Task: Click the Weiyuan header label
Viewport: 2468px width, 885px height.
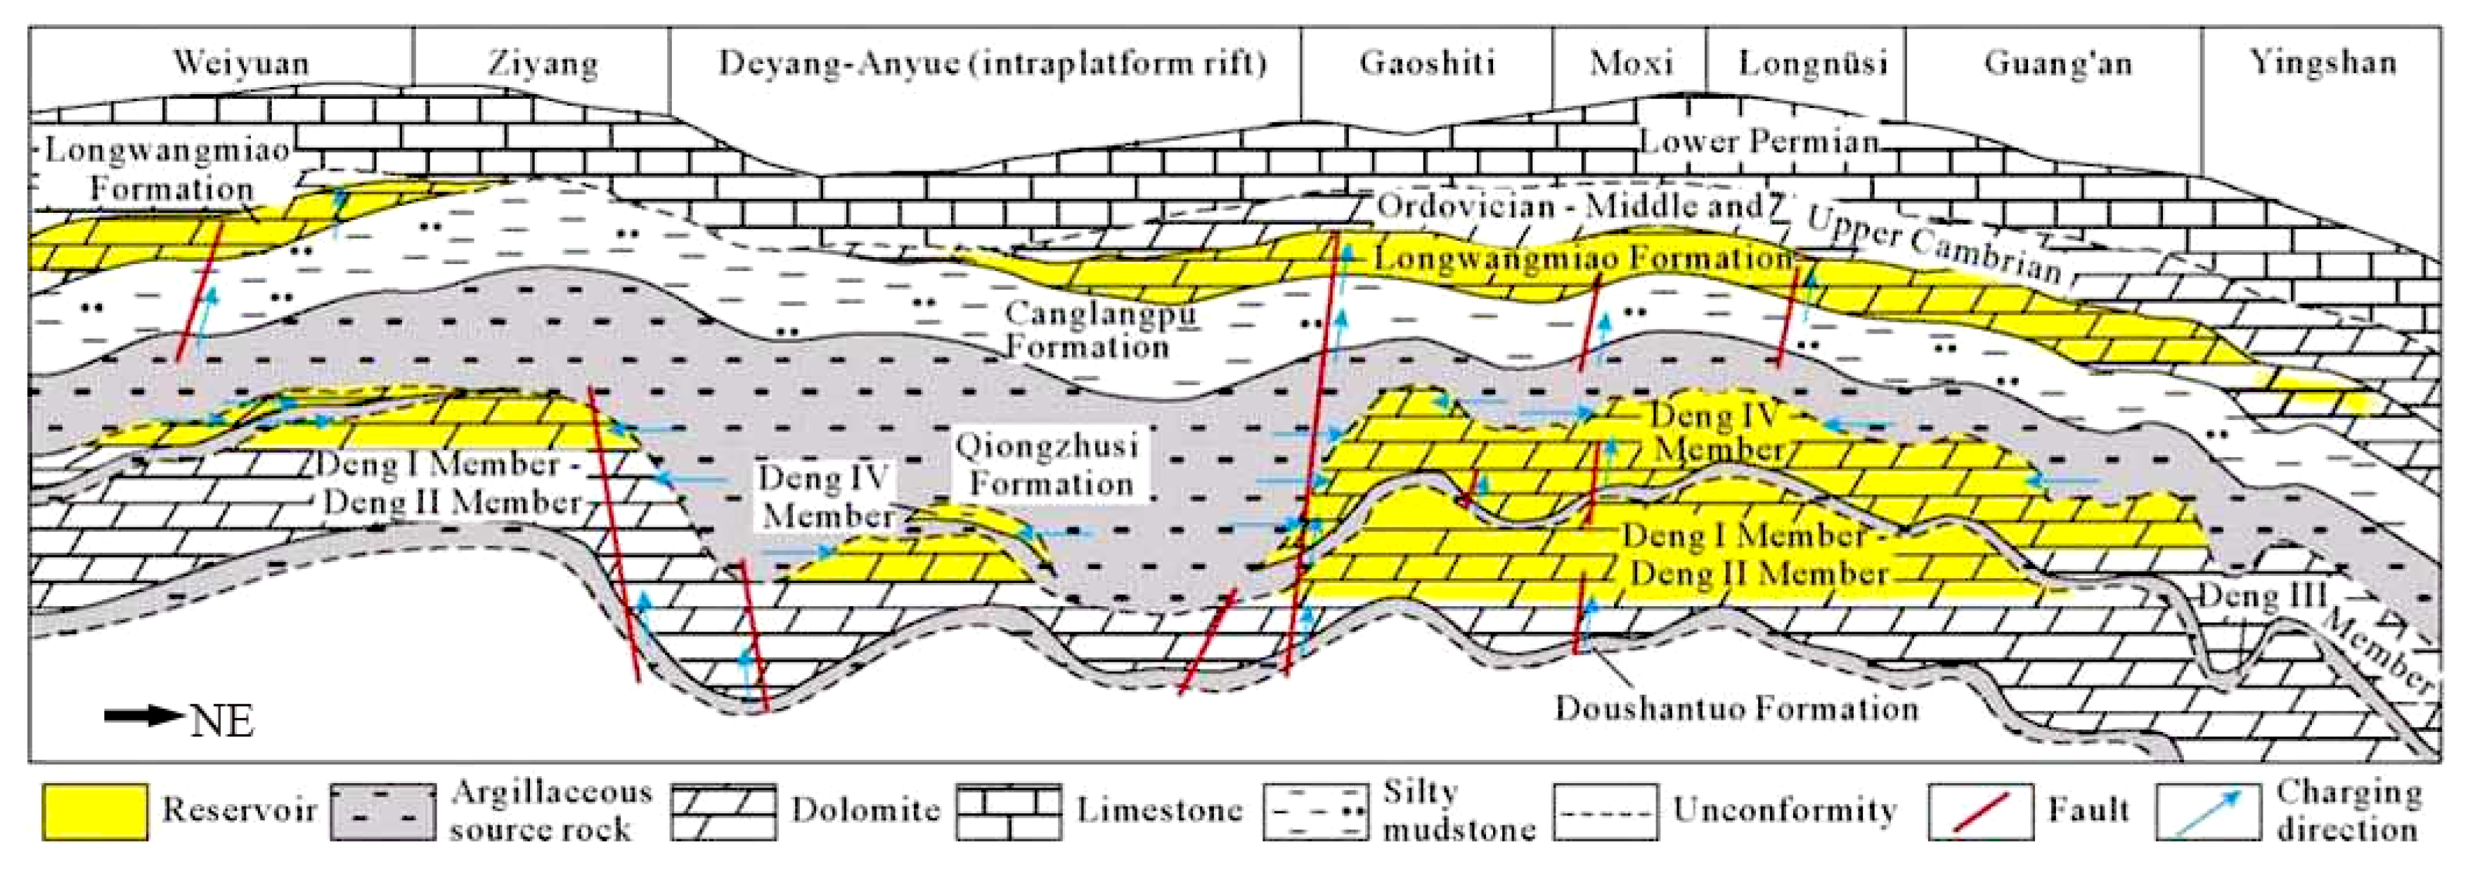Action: tap(240, 63)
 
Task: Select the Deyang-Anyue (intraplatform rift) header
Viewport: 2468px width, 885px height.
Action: tap(993, 63)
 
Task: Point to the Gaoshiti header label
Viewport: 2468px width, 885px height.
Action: tap(1426, 63)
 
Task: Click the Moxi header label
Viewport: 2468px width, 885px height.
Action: tap(1631, 63)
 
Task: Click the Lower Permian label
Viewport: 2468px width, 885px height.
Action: tap(1759, 143)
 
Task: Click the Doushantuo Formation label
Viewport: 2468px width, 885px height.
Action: tap(1736, 709)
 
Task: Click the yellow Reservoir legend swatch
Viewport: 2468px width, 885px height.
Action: tap(95, 812)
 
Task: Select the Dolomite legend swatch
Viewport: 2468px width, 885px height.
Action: tap(723, 812)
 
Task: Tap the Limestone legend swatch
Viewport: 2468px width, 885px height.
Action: tap(1008, 812)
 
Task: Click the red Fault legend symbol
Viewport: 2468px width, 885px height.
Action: tap(1979, 812)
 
